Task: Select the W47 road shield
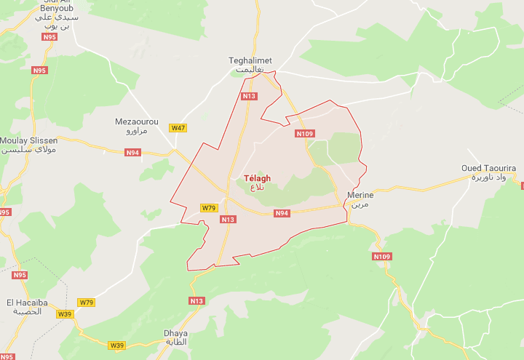pyautogui.click(x=178, y=128)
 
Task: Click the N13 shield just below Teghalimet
pyautogui.click(x=250, y=96)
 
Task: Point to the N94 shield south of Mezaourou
pyautogui.click(x=132, y=153)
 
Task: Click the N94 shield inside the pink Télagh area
pyautogui.click(x=282, y=213)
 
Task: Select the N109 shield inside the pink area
pyautogui.click(x=304, y=134)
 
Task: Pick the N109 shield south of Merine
pyautogui.click(x=381, y=257)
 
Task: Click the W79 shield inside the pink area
pyautogui.click(x=209, y=208)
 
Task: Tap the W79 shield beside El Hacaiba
pyautogui.click(x=87, y=303)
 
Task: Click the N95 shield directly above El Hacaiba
pyautogui.click(x=20, y=276)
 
